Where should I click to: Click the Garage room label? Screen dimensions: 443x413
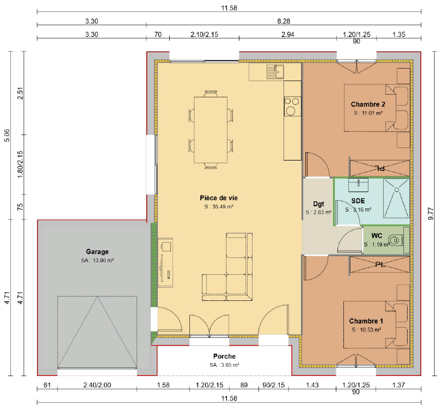pos(97,252)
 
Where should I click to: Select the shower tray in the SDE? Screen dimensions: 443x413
pos(396,198)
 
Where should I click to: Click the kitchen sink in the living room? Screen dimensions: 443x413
pos(275,71)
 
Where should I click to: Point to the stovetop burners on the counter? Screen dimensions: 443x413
pos(292,106)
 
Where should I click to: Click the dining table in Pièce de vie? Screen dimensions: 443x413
pos(211,130)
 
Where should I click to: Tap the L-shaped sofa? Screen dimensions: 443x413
pos(227,267)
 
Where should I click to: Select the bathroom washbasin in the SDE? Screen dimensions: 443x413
pos(358,185)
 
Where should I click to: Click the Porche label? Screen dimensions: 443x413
pos(224,356)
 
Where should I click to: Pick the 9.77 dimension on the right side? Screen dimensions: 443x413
pos(430,213)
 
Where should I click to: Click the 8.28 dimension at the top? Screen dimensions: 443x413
pos(284,21)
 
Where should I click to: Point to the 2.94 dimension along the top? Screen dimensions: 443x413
pos(287,34)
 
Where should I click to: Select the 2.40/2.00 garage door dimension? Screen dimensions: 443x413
pos(97,385)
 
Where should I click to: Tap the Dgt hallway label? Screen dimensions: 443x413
pos(319,204)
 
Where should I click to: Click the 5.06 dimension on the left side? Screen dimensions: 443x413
pos(7,135)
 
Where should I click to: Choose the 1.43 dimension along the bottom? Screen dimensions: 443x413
pos(312,385)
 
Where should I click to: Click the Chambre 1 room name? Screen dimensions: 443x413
pos(366,321)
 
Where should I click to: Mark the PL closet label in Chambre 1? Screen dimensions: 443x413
pos(380,264)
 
